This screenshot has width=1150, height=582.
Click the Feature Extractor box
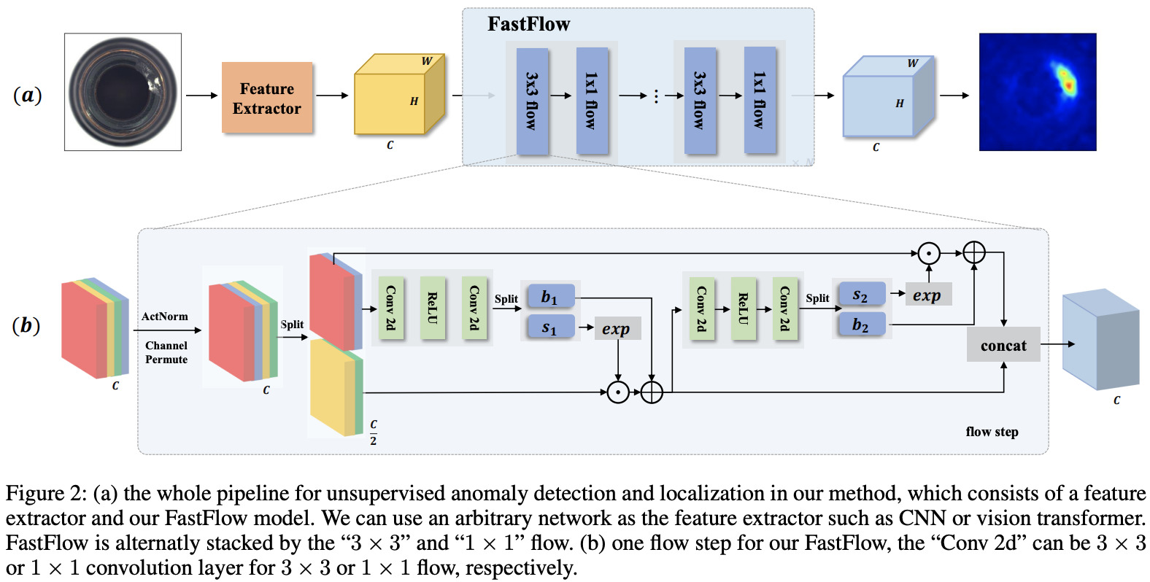click(x=267, y=98)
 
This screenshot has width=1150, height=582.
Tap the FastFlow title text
click(x=528, y=24)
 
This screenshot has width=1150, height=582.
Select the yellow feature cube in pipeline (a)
click(x=390, y=103)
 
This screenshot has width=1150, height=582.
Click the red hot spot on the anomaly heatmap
click(x=1069, y=85)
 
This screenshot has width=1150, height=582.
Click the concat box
click(x=1003, y=345)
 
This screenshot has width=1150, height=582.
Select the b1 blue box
click(x=549, y=297)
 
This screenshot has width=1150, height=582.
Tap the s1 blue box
click(x=549, y=327)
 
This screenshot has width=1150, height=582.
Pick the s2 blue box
click(x=861, y=295)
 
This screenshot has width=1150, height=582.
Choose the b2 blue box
click(x=861, y=325)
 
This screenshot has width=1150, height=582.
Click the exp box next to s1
click(x=617, y=328)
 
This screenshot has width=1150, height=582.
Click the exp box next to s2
click(x=927, y=295)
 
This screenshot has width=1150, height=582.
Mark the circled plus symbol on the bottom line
click(x=652, y=392)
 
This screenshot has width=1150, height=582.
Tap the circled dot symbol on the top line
click(x=928, y=253)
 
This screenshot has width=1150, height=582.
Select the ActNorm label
click(x=165, y=317)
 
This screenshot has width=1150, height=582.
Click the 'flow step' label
click(x=992, y=432)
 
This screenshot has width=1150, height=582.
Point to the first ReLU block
click(x=433, y=308)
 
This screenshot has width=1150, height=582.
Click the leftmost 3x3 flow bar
click(x=532, y=101)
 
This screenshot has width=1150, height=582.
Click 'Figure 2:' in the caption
click(x=46, y=494)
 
